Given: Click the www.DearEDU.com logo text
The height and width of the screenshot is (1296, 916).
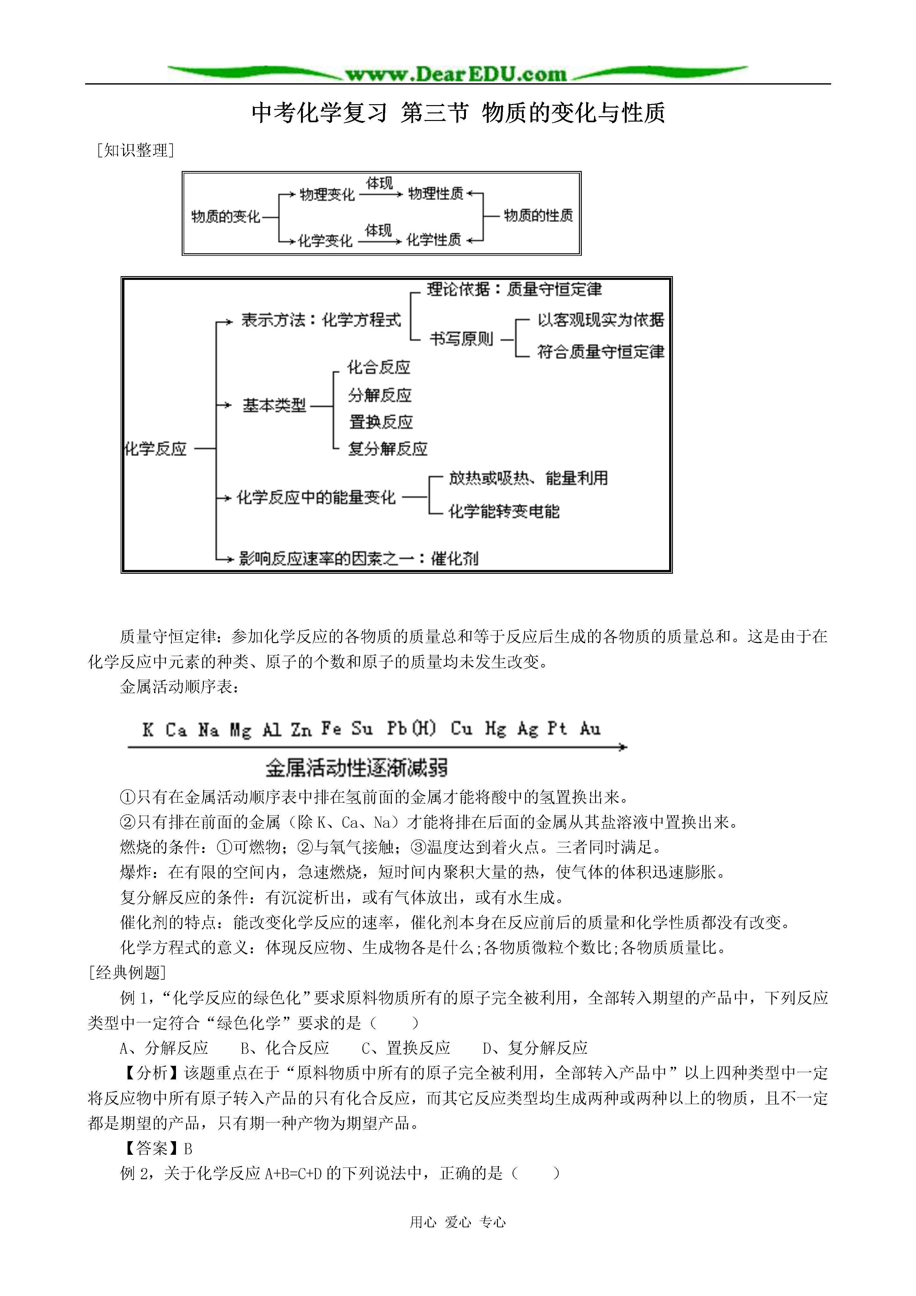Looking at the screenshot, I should [456, 74].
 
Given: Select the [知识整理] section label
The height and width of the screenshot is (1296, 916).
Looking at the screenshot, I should [135, 150].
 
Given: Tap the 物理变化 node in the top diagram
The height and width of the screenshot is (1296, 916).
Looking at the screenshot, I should [327, 195].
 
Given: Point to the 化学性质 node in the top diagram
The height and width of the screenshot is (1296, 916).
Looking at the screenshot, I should [433, 240].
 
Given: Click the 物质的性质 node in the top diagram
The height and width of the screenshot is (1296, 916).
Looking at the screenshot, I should [538, 216].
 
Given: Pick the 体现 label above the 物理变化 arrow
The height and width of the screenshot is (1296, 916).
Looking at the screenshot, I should [379, 183].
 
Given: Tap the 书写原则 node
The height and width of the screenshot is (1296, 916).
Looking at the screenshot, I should [461, 339].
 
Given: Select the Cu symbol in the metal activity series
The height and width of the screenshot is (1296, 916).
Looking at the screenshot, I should [461, 729].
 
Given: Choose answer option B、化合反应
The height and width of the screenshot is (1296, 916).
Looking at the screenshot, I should [285, 1048].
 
